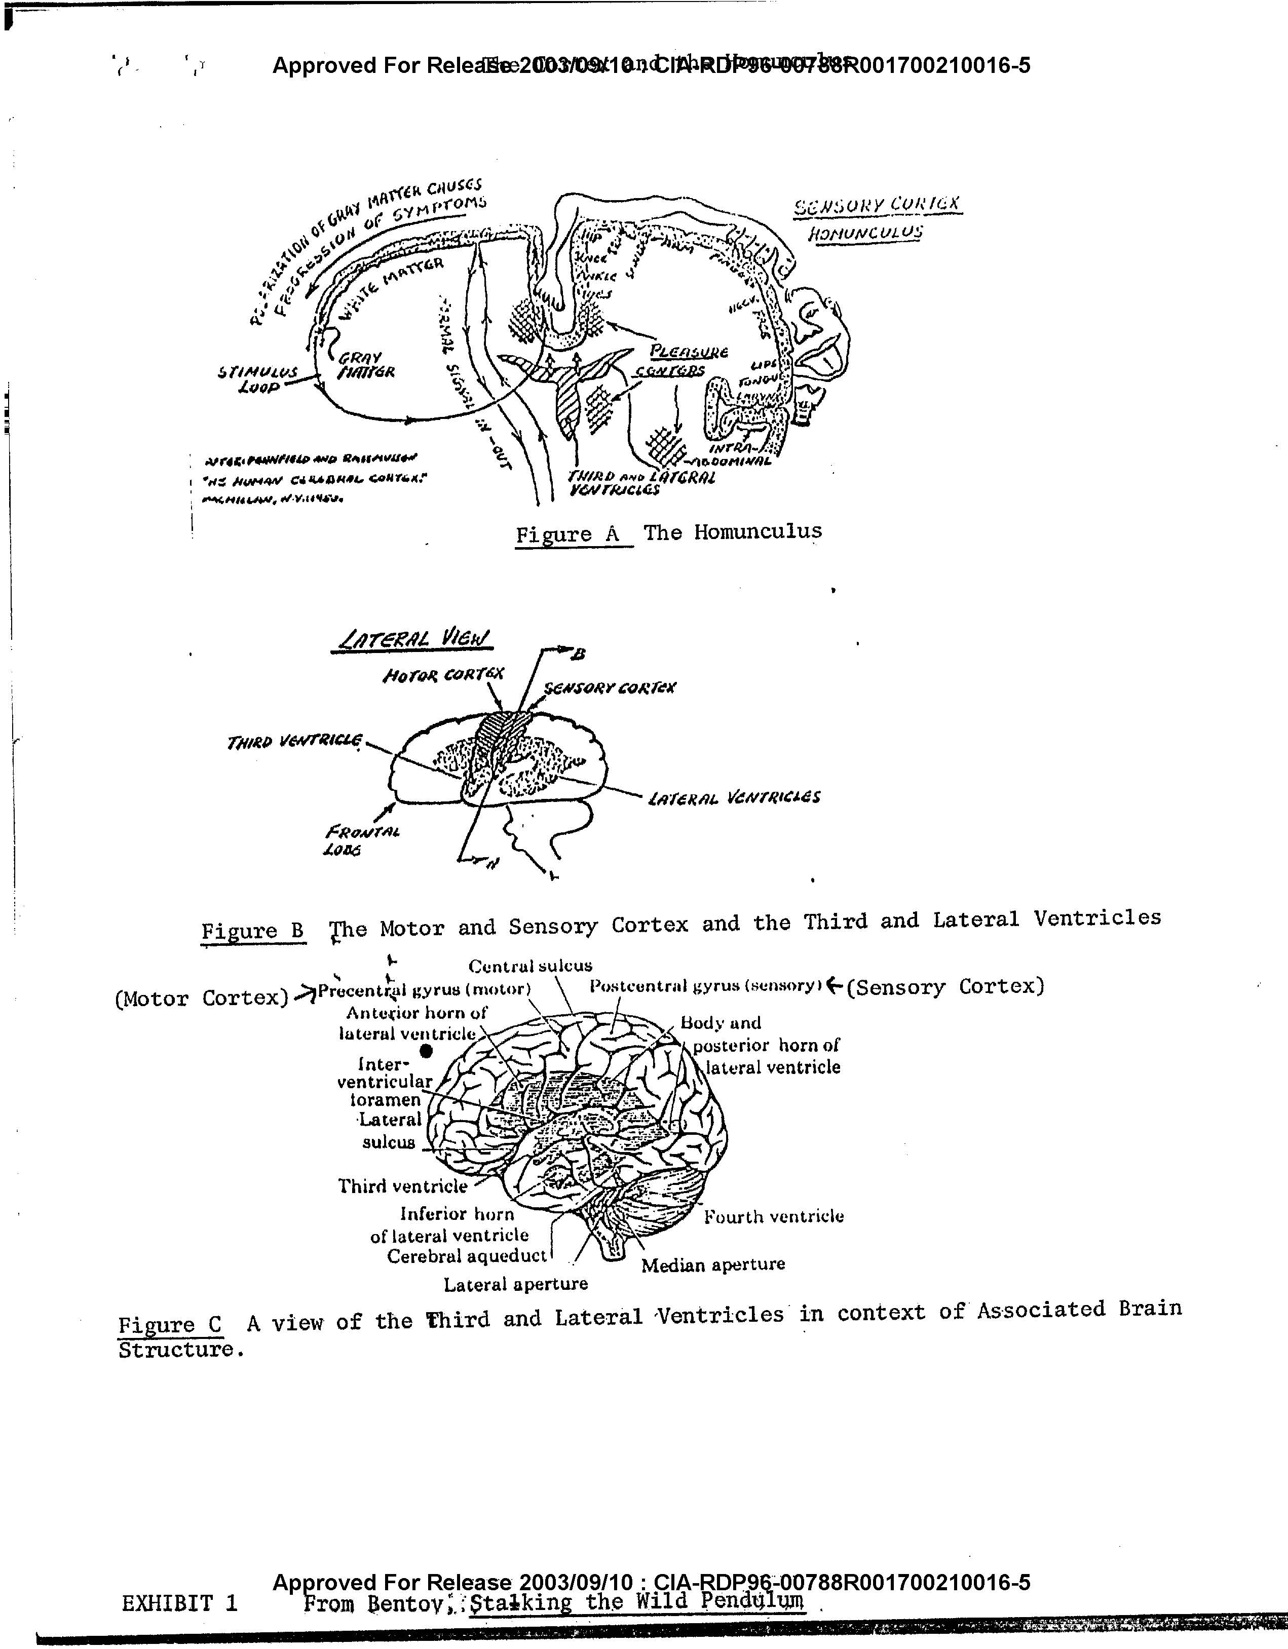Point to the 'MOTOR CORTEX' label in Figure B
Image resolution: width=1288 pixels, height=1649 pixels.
click(x=443, y=674)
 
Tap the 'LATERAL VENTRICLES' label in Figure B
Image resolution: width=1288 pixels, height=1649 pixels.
click(x=734, y=797)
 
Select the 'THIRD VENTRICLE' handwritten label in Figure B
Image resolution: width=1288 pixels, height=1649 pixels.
click(x=294, y=742)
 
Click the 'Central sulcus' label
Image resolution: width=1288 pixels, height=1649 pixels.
click(x=530, y=966)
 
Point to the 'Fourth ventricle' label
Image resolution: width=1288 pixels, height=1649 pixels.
click(x=774, y=1216)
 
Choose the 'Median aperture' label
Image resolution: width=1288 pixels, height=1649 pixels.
click(x=713, y=1264)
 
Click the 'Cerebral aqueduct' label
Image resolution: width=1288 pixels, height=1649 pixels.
click(x=466, y=1256)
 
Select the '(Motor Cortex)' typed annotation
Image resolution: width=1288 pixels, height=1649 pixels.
click(x=202, y=998)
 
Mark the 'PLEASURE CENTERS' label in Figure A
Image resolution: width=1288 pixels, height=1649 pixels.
click(x=679, y=361)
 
